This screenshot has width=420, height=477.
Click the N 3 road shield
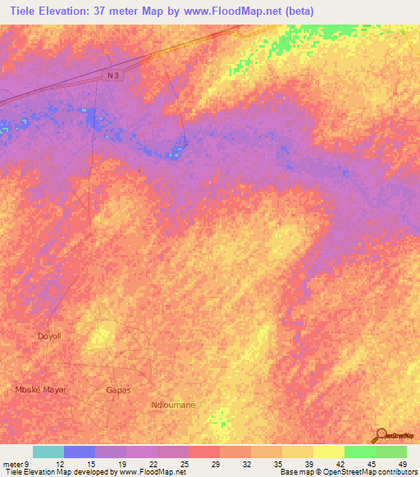[x=112, y=75]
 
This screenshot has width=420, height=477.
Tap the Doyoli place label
[x=50, y=336]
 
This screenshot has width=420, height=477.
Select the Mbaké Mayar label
[x=41, y=389]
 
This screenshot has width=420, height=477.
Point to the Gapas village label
[x=118, y=390]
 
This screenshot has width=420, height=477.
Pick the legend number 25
[x=185, y=464]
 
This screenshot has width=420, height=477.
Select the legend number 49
[x=402, y=464]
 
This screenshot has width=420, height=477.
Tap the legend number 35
[x=278, y=464]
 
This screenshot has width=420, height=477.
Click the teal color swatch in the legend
[x=48, y=452]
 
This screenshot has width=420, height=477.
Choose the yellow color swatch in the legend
[x=328, y=452]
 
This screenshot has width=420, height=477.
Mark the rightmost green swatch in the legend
[x=391, y=452]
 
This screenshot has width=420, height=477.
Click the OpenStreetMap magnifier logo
[x=381, y=434]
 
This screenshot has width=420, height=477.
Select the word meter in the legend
[x=12, y=464]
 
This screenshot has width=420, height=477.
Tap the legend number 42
[x=340, y=464]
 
